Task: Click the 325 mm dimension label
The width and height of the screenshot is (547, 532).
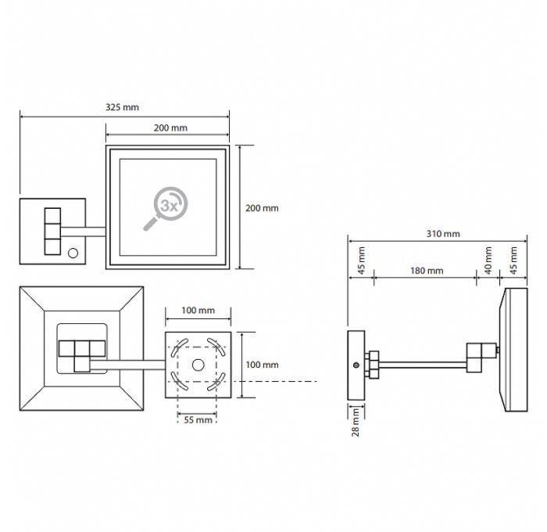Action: point(122,107)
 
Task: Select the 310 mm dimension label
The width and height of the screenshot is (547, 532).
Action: point(443,234)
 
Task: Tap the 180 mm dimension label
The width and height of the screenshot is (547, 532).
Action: point(427,271)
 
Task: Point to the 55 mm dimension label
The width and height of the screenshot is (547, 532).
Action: point(198,420)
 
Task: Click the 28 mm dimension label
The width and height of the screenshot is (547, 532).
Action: point(356,422)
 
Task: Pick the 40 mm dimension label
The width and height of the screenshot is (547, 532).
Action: point(488,261)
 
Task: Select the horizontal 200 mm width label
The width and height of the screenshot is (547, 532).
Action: point(170,128)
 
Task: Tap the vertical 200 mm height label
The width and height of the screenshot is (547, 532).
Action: point(262,208)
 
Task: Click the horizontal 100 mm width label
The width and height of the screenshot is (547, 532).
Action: point(198,310)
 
